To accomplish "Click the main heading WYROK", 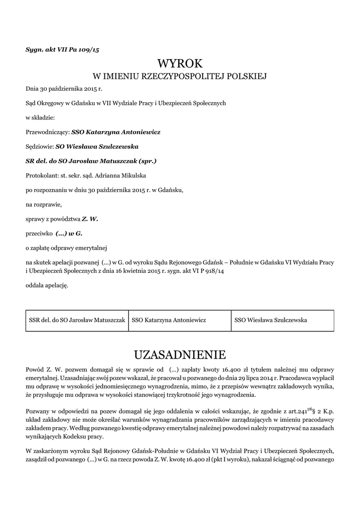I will pyautogui.click(x=180, y=63).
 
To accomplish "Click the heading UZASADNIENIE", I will pyautogui.click(x=180, y=355).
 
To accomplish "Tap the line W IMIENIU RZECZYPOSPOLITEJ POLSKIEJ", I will pyautogui.click(x=180, y=77).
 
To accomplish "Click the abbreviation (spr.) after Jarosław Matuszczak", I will pyautogui.click(x=146, y=161).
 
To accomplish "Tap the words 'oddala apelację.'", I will pyautogui.click(x=47, y=285).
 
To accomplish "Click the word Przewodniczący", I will pyautogui.click(x=47, y=132).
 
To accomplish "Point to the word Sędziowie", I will pyautogui.click(x=39, y=147).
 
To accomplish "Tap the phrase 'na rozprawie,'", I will pyautogui.click(x=44, y=203).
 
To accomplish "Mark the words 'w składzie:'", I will pyautogui.click(x=40, y=118).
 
